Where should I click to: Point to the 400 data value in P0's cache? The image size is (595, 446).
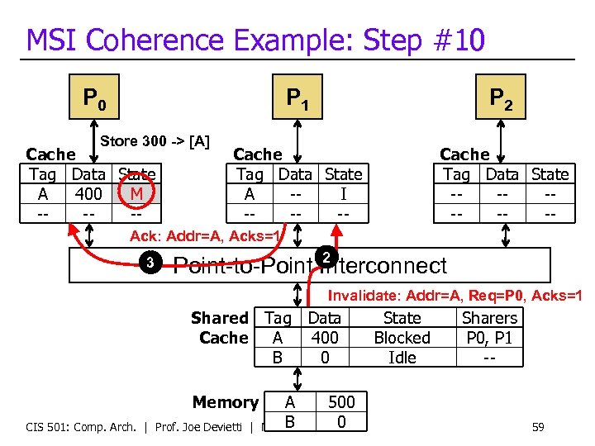tap(88, 194)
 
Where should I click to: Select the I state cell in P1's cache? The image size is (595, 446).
tap(343, 194)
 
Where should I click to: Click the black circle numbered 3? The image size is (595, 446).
tap(150, 263)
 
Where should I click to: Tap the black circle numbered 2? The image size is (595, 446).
tap(326, 258)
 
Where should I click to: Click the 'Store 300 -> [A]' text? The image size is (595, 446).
tap(155, 141)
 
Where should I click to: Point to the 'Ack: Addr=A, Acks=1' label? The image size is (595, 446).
tap(207, 237)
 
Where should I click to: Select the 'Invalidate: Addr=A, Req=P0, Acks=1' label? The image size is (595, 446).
tap(455, 296)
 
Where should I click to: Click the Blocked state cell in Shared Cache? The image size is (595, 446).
tap(402, 338)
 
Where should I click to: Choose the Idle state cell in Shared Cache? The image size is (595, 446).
tap(402, 358)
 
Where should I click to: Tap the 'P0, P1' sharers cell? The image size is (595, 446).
tap(489, 338)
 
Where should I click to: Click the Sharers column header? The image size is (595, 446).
tap(489, 318)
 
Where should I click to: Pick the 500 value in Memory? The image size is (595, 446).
tap(341, 402)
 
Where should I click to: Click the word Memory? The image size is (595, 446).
tap(225, 402)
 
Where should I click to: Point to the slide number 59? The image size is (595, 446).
tap(537, 427)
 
